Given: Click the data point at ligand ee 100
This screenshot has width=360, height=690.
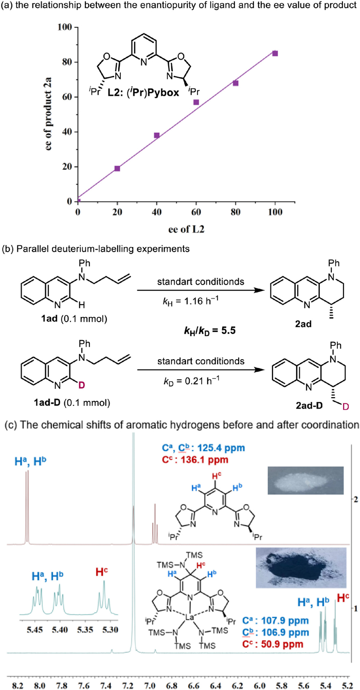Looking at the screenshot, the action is pos(275,54).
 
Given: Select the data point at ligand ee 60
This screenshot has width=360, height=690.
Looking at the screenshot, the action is pos(196,102).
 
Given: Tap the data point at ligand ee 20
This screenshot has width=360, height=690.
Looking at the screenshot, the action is pos(117,168).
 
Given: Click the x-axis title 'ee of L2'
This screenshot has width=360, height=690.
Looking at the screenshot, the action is pos(186,229).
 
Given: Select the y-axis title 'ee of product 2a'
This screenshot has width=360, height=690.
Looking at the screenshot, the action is pos(48,114).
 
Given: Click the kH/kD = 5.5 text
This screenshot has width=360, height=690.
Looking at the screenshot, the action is pos(209,330).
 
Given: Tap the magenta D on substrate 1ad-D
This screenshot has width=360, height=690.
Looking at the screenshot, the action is pos(81,385).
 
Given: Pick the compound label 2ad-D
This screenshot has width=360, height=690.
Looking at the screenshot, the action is pos(309,405).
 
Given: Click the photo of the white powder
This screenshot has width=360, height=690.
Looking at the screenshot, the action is pos(305,480).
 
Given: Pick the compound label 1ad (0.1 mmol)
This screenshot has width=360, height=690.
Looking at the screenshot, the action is pos(74,319).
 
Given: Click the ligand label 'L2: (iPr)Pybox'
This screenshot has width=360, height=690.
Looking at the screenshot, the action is pos(143,92).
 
